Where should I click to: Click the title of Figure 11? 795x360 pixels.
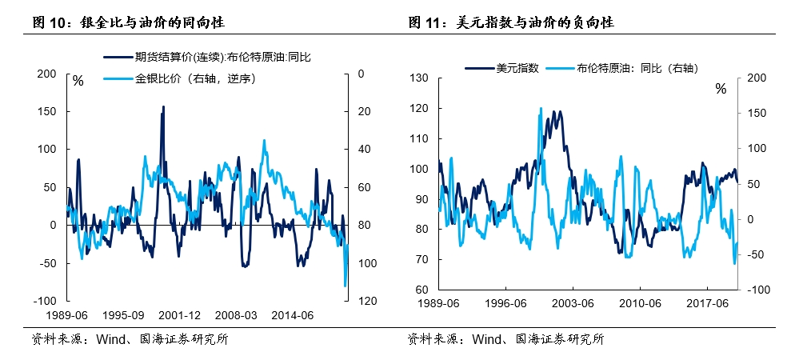[x=513, y=24]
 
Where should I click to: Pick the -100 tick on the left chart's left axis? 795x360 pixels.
[x=43, y=302]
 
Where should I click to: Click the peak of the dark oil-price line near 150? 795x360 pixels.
[x=164, y=107]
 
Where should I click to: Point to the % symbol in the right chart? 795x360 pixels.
[x=721, y=89]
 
